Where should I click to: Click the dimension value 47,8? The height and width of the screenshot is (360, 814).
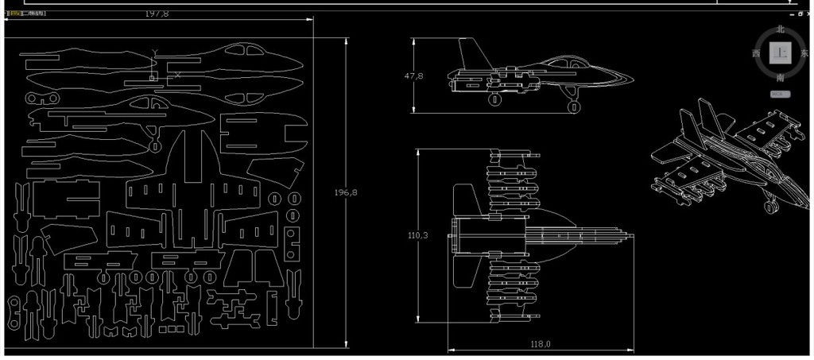[x=413, y=76]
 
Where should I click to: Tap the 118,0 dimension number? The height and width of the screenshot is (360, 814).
[x=541, y=344]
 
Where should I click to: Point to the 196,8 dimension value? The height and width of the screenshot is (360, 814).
[x=346, y=192]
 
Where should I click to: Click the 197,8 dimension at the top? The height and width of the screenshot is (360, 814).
[x=157, y=14]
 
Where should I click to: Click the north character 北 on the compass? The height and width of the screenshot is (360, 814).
[x=780, y=29]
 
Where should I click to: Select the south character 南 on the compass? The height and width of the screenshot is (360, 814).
[x=780, y=78]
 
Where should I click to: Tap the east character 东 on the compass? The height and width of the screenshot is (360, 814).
[x=804, y=53]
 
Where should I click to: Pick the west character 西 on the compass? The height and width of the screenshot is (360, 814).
[x=756, y=53]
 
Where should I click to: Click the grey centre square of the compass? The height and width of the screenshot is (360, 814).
[x=781, y=54]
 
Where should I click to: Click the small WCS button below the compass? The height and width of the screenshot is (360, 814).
[x=779, y=94]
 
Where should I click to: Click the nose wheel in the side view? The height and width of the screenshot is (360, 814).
[x=572, y=106]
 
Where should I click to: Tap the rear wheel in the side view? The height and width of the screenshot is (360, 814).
[x=494, y=100]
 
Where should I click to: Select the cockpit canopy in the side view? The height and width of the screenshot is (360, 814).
[x=584, y=64]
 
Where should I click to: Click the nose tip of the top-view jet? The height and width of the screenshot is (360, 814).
[x=633, y=235]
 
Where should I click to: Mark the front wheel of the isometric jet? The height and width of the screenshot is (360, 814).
[x=770, y=207]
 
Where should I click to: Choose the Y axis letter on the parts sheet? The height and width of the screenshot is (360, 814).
[x=155, y=52]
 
